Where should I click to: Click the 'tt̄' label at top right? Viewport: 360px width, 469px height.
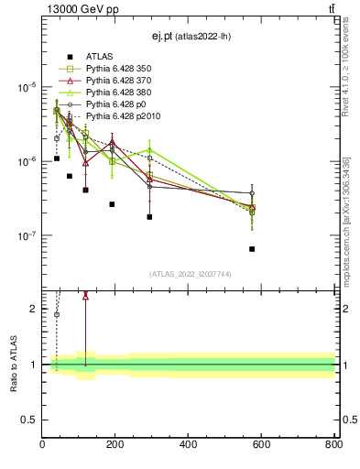pos(331,8)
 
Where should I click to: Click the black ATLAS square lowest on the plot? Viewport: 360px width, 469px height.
pos(252,248)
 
